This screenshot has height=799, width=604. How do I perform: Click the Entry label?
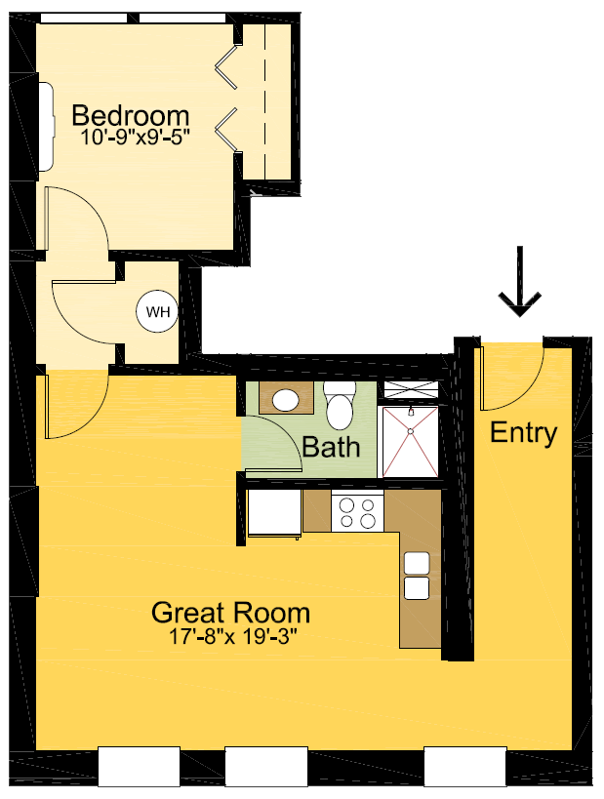click(524, 433)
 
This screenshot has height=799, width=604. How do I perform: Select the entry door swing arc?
click(512, 376)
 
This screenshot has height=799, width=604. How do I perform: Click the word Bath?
click(331, 448)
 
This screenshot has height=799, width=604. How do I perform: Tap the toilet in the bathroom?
click(339, 405)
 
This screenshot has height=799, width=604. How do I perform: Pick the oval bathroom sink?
click(286, 400)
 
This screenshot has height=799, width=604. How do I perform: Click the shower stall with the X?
click(410, 441)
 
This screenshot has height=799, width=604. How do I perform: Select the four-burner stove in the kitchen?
click(356, 512)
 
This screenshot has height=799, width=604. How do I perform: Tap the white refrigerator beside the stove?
click(274, 513)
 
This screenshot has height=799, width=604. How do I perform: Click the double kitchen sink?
click(417, 576)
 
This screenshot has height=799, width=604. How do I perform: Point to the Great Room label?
click(231, 614)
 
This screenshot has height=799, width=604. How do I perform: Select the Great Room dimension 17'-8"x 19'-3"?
click(232, 638)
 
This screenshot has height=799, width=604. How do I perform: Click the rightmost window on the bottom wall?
click(464, 766)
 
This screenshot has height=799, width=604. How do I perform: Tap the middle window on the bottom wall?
click(266, 766)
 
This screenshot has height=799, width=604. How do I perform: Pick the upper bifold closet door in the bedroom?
click(227, 62)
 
